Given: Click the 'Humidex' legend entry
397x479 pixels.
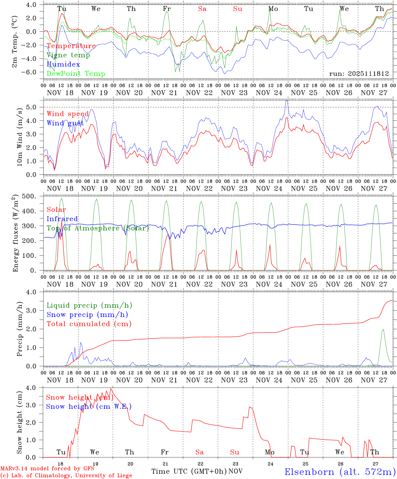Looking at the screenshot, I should (x=64, y=65).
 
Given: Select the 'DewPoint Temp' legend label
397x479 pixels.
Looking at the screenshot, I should (x=76, y=74).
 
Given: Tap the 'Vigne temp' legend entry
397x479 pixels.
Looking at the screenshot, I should (x=68, y=55).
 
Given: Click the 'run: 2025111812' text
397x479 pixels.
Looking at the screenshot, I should (x=359, y=74).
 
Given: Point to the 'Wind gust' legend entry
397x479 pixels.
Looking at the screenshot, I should (x=66, y=123).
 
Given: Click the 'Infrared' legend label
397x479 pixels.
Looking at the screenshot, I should (x=62, y=219).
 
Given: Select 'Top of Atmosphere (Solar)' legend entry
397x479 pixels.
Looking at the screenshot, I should (x=98, y=228).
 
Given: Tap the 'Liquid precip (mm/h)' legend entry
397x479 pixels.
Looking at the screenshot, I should (x=89, y=305).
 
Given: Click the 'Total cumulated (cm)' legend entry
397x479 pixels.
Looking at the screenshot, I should (x=89, y=324).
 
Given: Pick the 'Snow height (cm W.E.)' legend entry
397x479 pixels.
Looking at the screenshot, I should (x=89, y=406).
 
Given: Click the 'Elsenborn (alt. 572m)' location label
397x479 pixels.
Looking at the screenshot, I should (x=340, y=472).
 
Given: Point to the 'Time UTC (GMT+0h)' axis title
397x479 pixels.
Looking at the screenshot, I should (x=189, y=471).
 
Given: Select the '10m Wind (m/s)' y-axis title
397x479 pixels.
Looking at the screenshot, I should (x=20, y=136).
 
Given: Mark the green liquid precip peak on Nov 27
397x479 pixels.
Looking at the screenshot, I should (x=383, y=329).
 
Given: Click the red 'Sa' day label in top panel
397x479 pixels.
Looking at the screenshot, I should (x=202, y=9).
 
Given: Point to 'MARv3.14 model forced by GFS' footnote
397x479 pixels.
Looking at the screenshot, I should (x=47, y=469).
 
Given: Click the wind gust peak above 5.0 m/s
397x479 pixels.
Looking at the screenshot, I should (x=287, y=100).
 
